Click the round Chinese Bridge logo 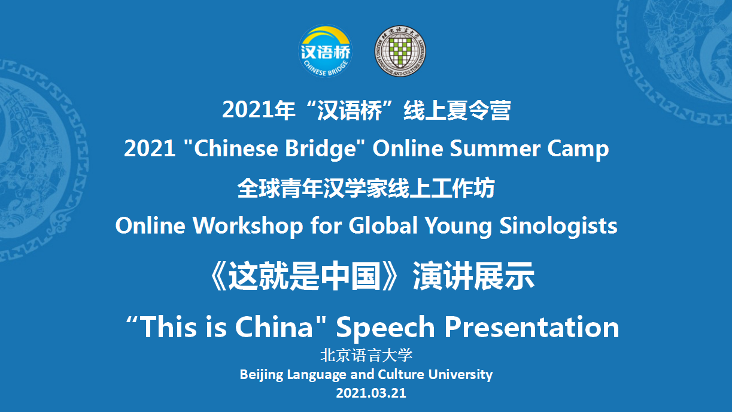[325, 51]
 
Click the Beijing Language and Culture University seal [400, 51]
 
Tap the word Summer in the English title [495, 149]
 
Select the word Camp [578, 149]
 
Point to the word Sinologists [558, 226]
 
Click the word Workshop [248, 226]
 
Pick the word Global [383, 226]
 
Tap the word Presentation [531, 326]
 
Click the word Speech [385, 328]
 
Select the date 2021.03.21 [371, 393]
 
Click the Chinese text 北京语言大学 [366, 356]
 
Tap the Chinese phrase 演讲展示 [474, 276]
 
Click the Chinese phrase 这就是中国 [305, 276]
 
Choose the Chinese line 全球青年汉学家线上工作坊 [366, 188]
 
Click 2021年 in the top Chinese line [259, 110]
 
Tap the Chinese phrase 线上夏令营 [457, 110]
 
